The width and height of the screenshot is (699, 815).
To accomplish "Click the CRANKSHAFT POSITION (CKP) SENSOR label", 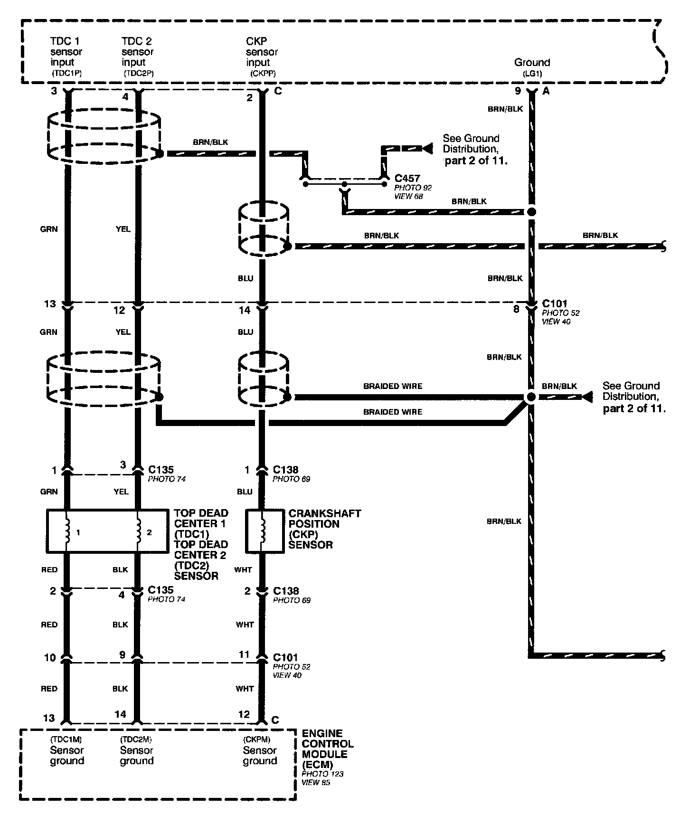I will click(x=324, y=529).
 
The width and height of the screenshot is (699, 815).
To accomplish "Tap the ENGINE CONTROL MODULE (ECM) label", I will click(x=328, y=749).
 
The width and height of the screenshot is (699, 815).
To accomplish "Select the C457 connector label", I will click(x=407, y=178).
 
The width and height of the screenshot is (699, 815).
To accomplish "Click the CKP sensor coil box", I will click(x=264, y=531).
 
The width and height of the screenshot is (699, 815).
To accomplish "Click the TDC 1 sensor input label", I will click(x=66, y=52).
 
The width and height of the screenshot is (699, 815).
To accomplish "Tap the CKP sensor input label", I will click(x=261, y=52).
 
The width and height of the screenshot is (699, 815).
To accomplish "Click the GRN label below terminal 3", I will click(x=48, y=229).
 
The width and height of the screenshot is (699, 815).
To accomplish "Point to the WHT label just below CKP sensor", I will click(x=243, y=569).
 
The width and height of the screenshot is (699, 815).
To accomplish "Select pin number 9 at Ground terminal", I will click(x=518, y=91).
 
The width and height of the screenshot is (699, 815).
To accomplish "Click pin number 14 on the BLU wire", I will click(x=244, y=310).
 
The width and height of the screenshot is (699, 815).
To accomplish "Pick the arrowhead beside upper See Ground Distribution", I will click(x=427, y=149).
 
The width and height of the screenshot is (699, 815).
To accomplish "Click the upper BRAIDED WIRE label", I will click(x=392, y=386).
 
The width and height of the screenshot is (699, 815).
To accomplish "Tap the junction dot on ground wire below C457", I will click(x=532, y=212).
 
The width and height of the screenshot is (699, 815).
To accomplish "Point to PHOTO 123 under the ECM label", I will click(x=322, y=774).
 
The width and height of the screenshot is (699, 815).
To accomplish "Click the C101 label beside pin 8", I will click(x=554, y=303).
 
